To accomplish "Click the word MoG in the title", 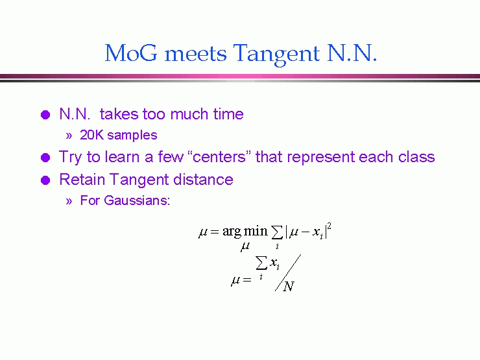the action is click(131, 53).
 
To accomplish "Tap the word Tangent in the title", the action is click(276, 54).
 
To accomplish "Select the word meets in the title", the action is click(196, 54).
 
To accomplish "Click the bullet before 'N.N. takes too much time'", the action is click(45, 115).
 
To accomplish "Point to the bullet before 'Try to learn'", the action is click(45, 158).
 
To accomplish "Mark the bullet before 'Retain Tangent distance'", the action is click(45, 180).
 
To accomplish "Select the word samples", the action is click(132, 136).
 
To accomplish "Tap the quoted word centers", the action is click(219, 157).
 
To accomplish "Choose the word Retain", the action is click(82, 180).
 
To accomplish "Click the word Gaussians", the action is click(137, 200).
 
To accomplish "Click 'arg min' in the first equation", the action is click(245, 232).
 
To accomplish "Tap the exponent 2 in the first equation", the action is click(329, 226).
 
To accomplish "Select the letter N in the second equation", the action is click(289, 287).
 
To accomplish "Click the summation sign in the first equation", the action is click(277, 233).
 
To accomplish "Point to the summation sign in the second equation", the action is click(261, 263).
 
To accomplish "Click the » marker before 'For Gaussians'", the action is click(69, 201).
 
